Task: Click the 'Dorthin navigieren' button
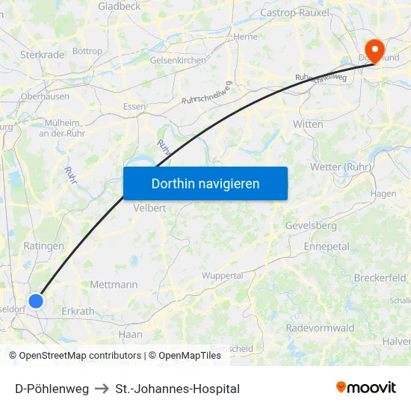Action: click(x=205, y=183)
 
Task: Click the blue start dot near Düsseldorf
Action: click(x=36, y=300)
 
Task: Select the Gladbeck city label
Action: click(x=119, y=6)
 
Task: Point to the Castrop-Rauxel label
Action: click(x=289, y=13)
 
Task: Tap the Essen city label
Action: click(x=135, y=106)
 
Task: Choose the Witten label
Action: click(x=308, y=124)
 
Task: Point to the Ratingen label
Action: click(x=44, y=245)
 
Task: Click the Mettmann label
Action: click(x=114, y=285)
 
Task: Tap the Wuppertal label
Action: click(x=223, y=276)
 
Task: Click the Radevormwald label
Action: click(x=320, y=327)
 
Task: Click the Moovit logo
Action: click(x=366, y=388)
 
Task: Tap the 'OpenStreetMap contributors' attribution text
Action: click(x=80, y=356)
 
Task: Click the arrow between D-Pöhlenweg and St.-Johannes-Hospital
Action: click(x=102, y=389)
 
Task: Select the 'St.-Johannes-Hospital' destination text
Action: click(x=178, y=389)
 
